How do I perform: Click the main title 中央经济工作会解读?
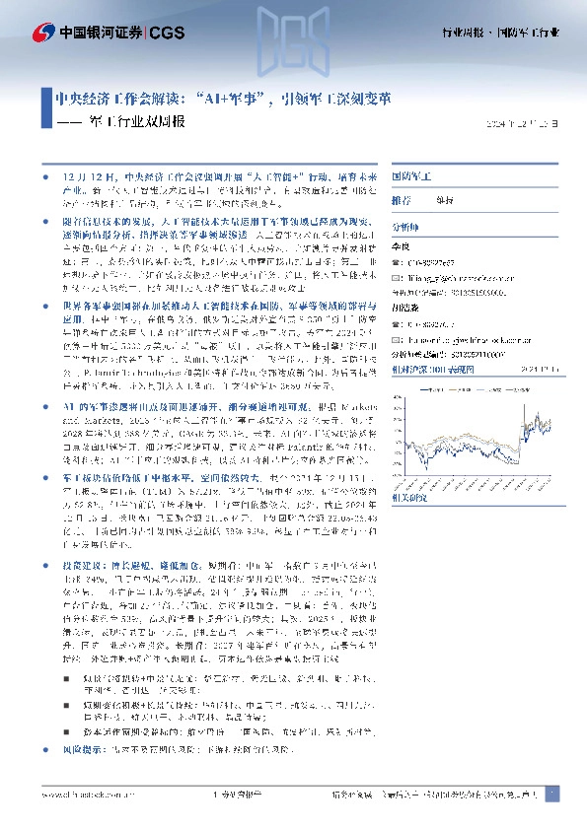117,99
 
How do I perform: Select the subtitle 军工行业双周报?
138,123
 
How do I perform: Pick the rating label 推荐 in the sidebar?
402,199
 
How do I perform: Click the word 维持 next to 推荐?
446,199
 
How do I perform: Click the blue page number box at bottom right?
551,793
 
